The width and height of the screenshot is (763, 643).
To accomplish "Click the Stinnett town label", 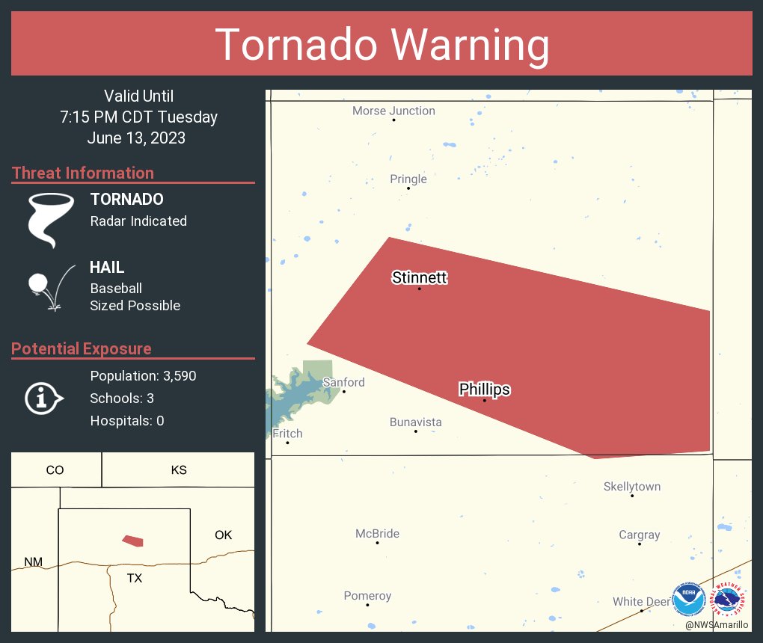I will (x=419, y=278).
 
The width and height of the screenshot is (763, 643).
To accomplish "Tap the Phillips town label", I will (x=484, y=390).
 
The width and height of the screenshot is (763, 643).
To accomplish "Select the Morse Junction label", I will (x=393, y=111).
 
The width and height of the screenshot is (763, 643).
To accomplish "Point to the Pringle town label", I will (x=408, y=179).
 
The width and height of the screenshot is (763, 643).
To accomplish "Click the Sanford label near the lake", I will (x=343, y=383).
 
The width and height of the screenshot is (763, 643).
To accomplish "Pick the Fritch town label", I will (x=287, y=434).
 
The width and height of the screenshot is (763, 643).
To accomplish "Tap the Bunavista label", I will (x=415, y=422).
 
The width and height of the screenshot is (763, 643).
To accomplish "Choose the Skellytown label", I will (x=632, y=487).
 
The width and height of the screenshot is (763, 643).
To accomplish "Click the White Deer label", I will (x=641, y=602).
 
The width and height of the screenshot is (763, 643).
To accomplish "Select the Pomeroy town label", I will (x=367, y=596).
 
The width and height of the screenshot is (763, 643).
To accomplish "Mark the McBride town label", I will (x=377, y=534).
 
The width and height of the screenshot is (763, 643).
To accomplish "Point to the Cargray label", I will (x=640, y=535).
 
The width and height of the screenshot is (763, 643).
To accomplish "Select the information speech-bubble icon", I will (x=43, y=399).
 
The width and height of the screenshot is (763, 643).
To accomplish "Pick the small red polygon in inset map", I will (x=133, y=541).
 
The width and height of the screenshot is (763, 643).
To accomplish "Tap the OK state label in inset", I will (x=223, y=535).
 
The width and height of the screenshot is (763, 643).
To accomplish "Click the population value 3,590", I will (x=178, y=376).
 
